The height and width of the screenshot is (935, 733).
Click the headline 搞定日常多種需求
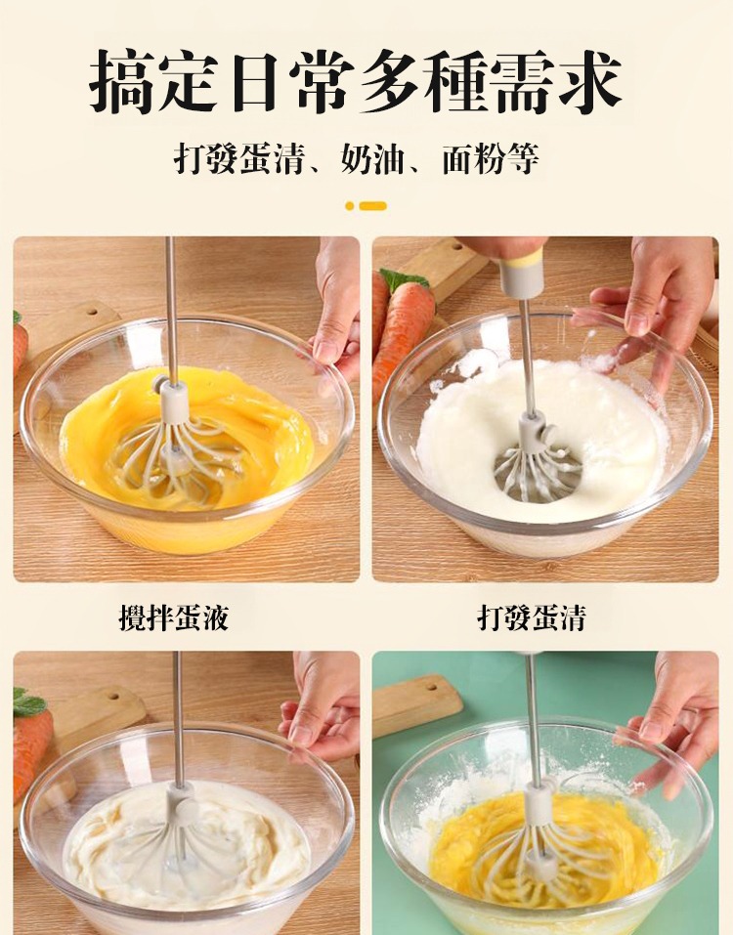[x=356, y=82]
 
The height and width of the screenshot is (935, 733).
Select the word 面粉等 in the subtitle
[x=491, y=159]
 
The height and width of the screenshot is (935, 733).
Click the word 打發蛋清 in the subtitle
[x=239, y=159]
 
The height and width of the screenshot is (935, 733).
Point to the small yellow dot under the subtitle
[x=350, y=206]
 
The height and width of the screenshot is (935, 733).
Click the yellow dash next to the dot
[x=372, y=206]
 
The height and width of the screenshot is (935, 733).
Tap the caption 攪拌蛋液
[x=174, y=616]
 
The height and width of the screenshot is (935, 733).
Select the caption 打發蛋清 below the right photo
[x=532, y=616]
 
